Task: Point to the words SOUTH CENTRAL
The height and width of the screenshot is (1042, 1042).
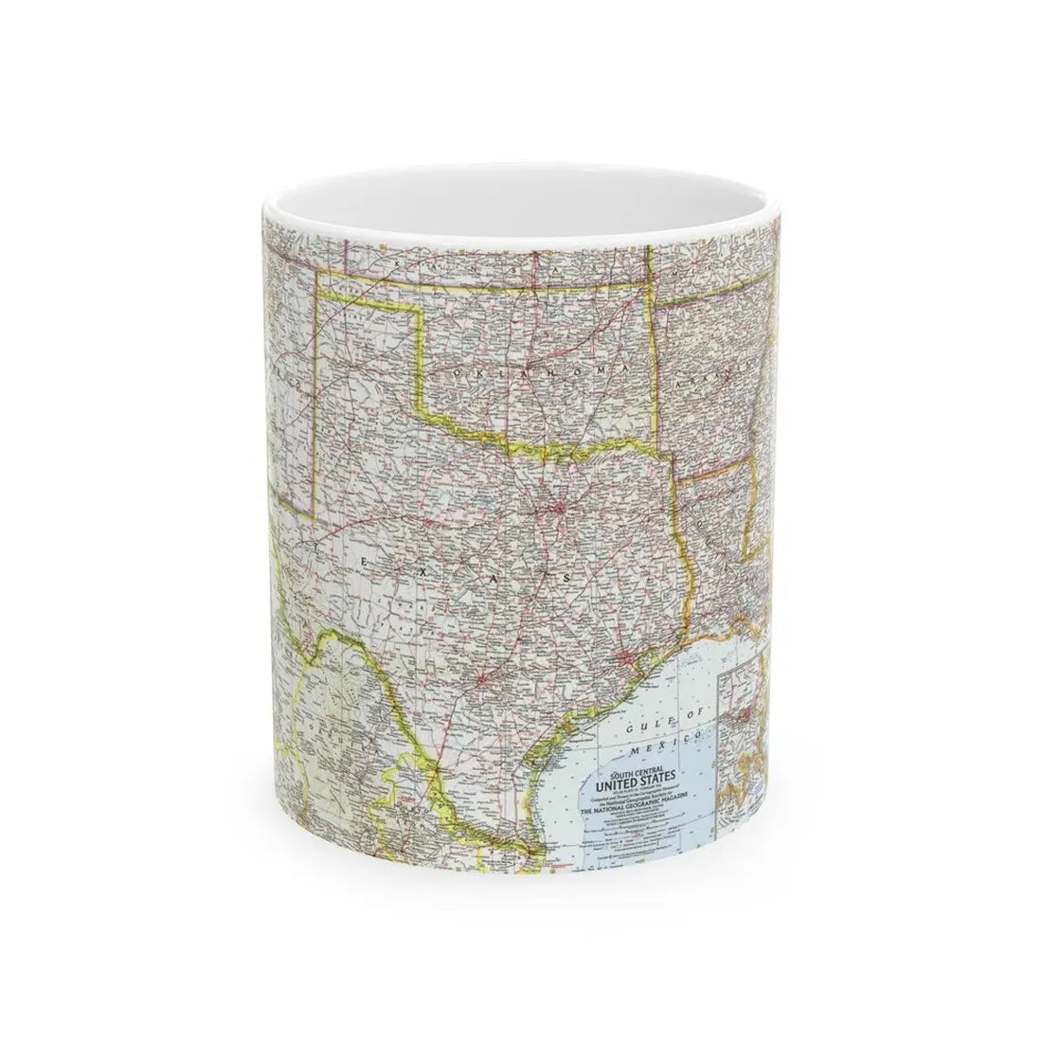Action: click(x=631, y=773)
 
